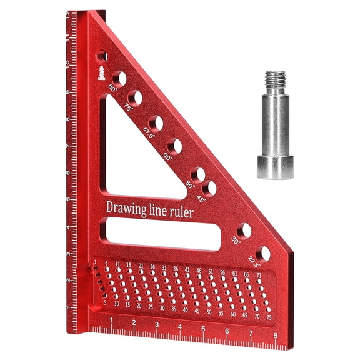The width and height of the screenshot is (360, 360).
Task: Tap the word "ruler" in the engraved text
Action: click(181, 212)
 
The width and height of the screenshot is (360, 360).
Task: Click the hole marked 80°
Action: click(119, 78)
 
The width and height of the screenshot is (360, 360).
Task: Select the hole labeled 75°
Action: click(134, 97)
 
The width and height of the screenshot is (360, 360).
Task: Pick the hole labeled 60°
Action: click(175, 146)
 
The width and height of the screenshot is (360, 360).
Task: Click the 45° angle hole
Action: click(209, 187)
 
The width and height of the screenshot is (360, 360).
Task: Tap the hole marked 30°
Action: click(244, 231)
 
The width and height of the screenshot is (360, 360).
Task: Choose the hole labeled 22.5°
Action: click(263, 254)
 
